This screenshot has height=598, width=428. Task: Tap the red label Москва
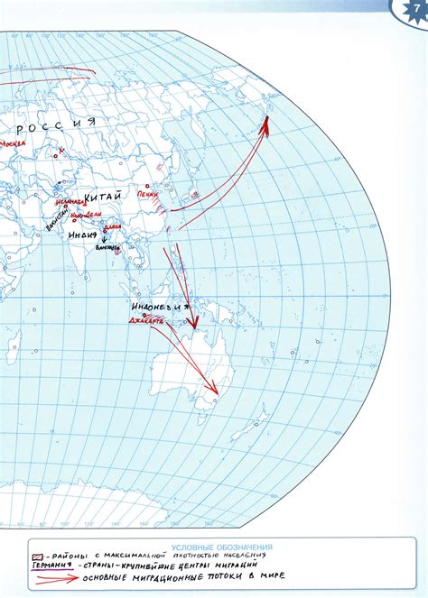pyautogui.click(x=13, y=143)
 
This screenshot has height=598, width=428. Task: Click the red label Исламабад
pyautogui.click(x=70, y=203)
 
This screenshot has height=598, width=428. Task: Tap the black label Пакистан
pyautogui.click(x=57, y=216)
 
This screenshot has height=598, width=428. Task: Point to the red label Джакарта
pyautogui.click(x=144, y=320)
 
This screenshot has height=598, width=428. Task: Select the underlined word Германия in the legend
pyautogui.click(x=46, y=565)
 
